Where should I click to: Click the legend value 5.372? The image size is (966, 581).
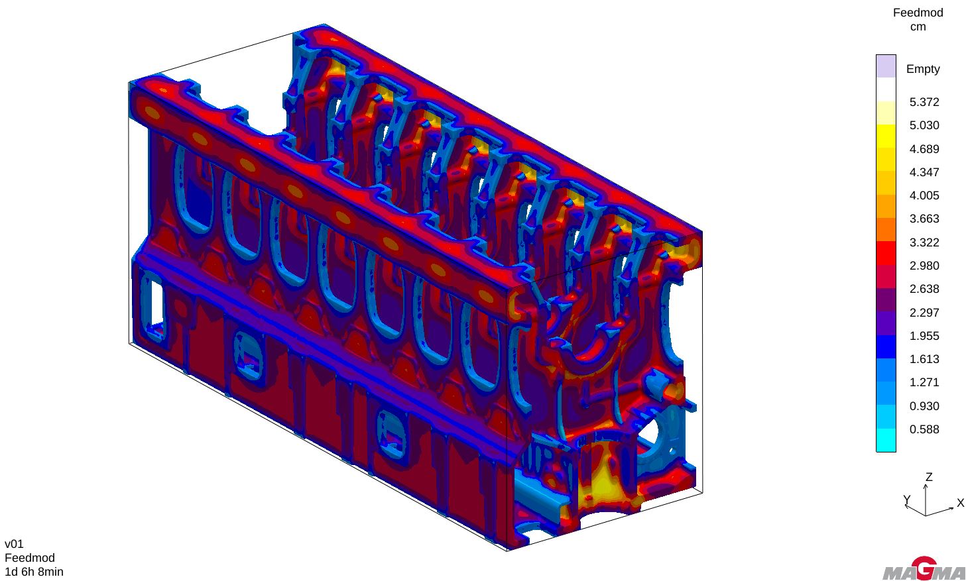(x=924, y=102)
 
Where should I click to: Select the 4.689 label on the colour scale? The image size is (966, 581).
(x=924, y=149)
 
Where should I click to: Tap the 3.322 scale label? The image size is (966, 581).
(x=924, y=242)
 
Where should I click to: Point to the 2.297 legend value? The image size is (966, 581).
(x=924, y=313)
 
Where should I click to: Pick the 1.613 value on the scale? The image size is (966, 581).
(x=924, y=359)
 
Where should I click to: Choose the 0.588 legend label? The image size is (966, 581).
(x=924, y=429)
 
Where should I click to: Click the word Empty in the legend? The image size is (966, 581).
(x=923, y=69)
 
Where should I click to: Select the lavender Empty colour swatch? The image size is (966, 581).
(x=886, y=66)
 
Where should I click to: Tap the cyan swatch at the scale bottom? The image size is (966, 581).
(x=886, y=441)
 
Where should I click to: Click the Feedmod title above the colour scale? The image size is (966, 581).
(x=918, y=13)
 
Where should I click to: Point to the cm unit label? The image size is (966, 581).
(x=918, y=27)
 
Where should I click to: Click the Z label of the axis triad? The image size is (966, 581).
(x=929, y=477)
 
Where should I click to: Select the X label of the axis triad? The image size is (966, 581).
(x=960, y=503)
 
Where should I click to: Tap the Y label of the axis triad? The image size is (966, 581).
(x=906, y=500)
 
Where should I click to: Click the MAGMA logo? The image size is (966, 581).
(x=924, y=569)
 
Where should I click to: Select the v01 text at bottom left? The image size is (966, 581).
(x=14, y=544)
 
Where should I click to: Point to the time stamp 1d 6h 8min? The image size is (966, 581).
(x=34, y=572)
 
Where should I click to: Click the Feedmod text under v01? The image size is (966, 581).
(x=29, y=558)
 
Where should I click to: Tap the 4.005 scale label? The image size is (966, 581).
(x=924, y=195)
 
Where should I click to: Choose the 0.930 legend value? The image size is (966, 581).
(x=924, y=406)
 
